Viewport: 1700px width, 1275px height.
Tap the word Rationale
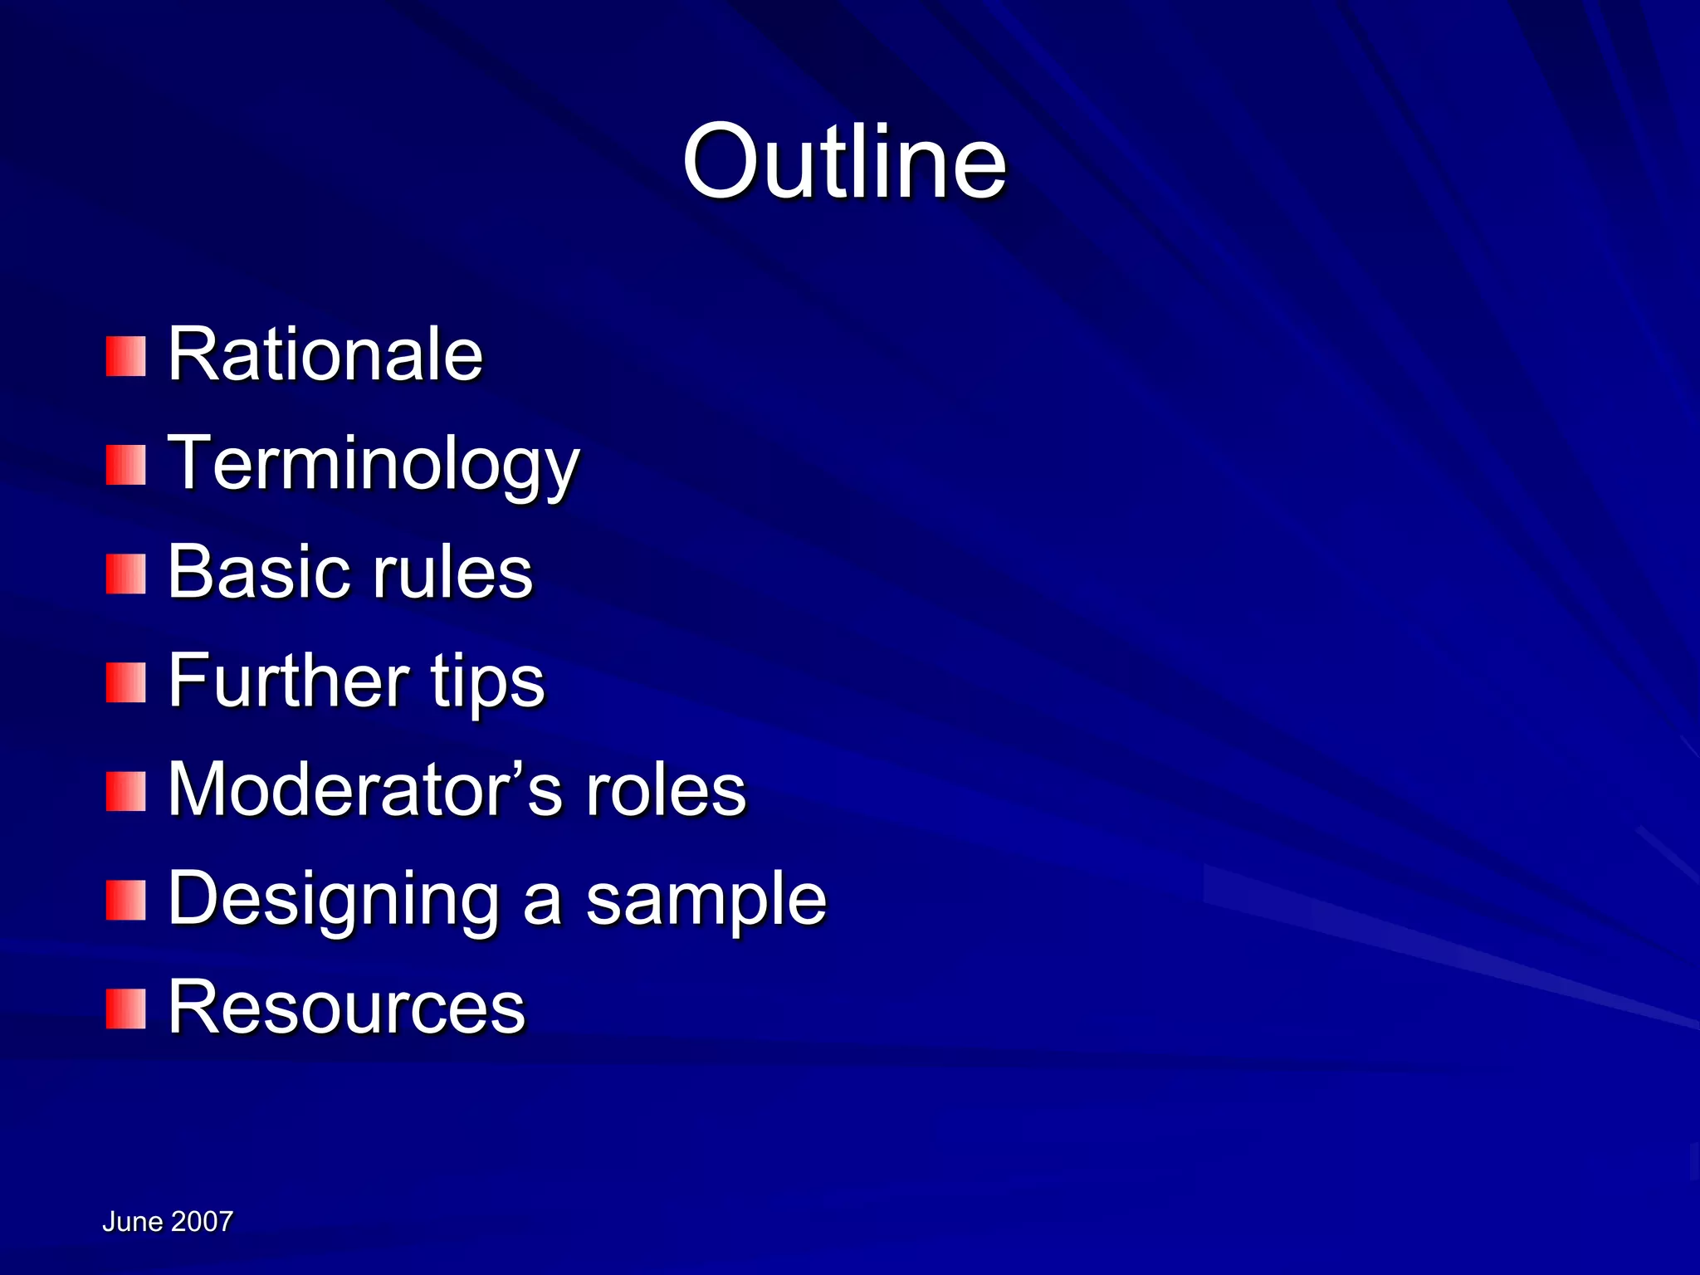click(x=325, y=354)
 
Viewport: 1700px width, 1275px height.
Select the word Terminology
click(x=373, y=465)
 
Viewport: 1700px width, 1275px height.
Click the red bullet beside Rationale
click(x=125, y=356)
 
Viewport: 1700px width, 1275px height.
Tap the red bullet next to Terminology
click(x=125, y=465)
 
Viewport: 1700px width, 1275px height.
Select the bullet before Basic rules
click(x=125, y=574)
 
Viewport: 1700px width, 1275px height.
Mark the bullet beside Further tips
click(x=125, y=682)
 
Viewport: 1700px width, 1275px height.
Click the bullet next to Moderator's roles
click(x=125, y=791)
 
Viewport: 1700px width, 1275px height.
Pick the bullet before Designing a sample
click(x=125, y=901)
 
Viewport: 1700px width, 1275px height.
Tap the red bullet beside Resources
click(x=125, y=1009)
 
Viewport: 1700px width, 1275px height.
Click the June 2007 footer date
click(x=168, y=1221)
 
